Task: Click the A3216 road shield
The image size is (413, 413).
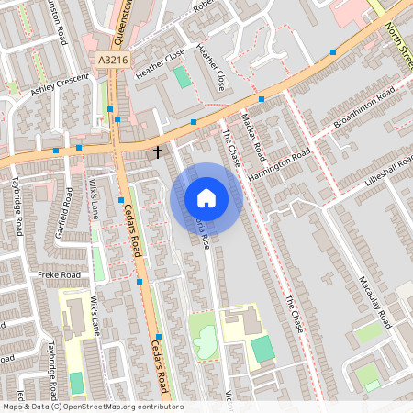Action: pyautogui.click(x=109, y=60)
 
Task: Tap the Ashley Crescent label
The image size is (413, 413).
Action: pyautogui.click(x=59, y=85)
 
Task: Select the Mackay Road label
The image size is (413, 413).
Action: pyautogui.click(x=253, y=134)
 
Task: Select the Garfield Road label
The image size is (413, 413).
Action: pyautogui.click(x=65, y=213)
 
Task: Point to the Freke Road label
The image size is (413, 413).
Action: pyautogui.click(x=53, y=274)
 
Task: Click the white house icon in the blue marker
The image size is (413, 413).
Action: pyautogui.click(x=206, y=198)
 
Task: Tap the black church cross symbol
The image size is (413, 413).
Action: pyautogui.click(x=157, y=151)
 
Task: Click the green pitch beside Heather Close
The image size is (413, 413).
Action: pyautogui.click(x=184, y=77)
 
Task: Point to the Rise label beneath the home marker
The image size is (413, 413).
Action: pyautogui.click(x=205, y=237)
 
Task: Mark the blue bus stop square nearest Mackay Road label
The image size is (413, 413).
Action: pyautogui.click(x=262, y=98)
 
